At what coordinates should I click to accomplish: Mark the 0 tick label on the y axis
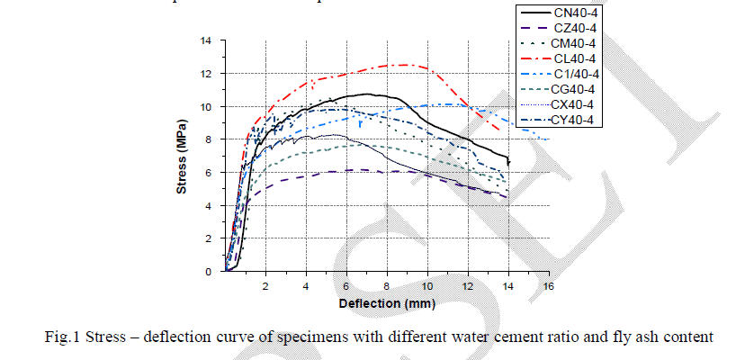coord(210,271)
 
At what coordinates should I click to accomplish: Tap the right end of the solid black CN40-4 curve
coord(508,162)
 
